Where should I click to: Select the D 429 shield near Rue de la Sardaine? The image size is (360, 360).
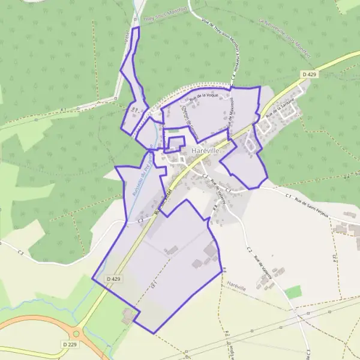(x=309, y=74)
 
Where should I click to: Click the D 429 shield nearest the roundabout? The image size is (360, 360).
(x=113, y=279)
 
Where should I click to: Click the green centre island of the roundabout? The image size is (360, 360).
(x=76, y=334)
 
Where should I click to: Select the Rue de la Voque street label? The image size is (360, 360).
(x=203, y=94)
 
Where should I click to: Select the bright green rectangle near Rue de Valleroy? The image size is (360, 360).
(x=293, y=292)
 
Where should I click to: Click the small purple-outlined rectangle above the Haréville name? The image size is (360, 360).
(x=175, y=143)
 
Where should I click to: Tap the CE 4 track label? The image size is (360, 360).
(x=334, y=256)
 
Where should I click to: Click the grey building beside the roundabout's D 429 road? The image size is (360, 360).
(x=128, y=316)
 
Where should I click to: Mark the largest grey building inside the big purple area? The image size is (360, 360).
(x=211, y=250)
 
